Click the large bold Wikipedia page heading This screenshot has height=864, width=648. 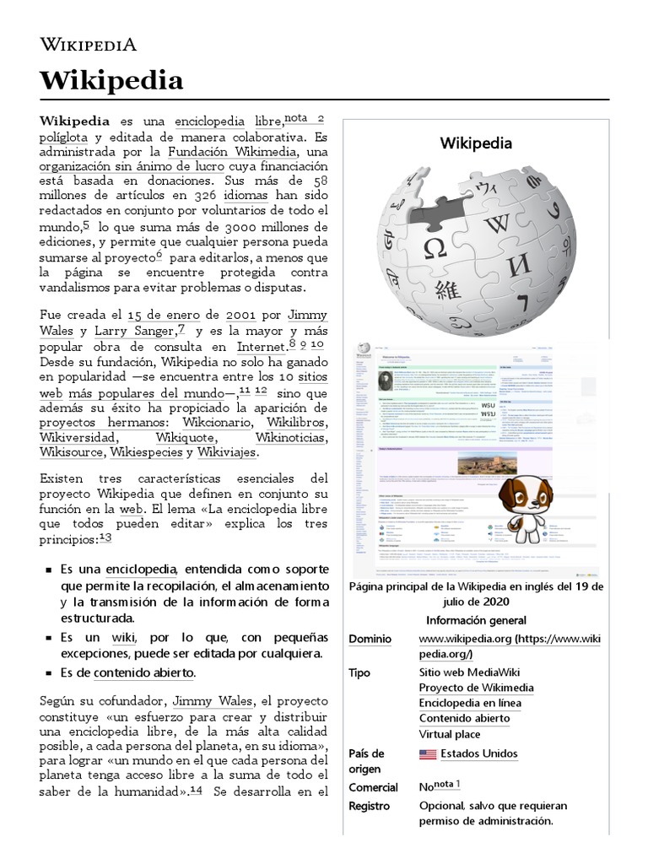pos(111,81)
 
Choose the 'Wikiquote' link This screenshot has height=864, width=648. pos(185,439)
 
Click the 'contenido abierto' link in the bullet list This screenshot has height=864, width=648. pos(143,672)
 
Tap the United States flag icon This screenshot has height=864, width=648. pos(428,754)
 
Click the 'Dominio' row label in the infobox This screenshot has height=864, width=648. pos(370,640)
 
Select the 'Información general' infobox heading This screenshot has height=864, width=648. pos(476,620)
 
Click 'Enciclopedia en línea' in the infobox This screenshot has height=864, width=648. pos(470,703)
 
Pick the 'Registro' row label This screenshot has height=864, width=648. pos(370,806)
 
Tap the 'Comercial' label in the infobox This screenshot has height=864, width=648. pos(373,787)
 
